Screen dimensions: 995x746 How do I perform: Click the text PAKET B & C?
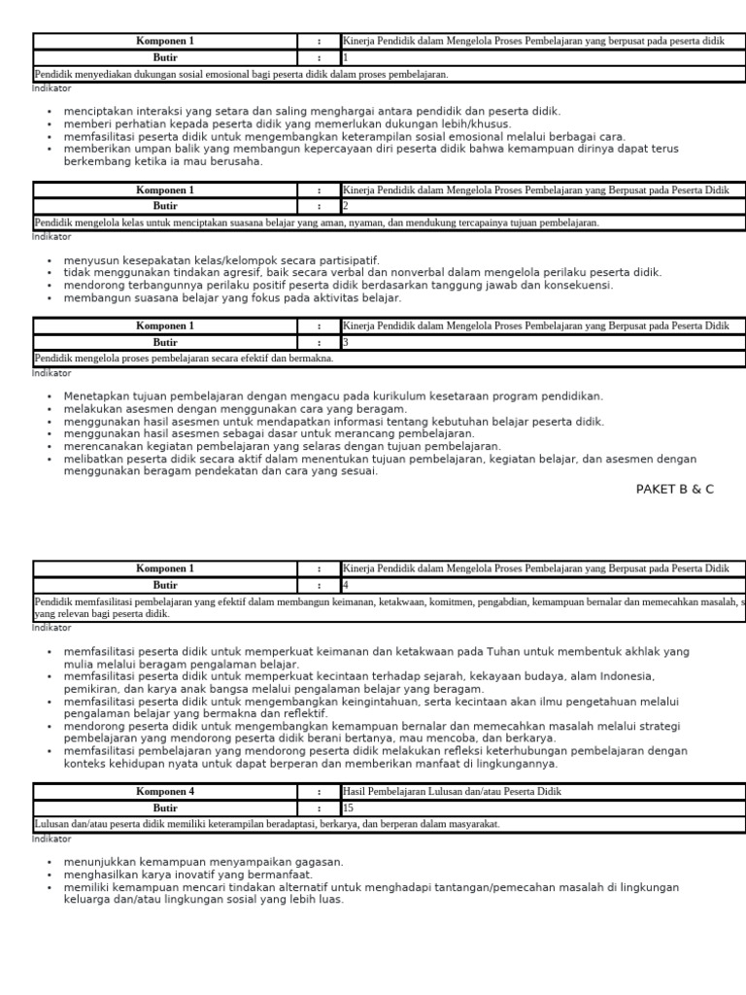(x=674, y=489)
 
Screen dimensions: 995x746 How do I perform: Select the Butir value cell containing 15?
(x=542, y=807)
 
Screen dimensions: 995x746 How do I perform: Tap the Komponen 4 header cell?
(x=165, y=792)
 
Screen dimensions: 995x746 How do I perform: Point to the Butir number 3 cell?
(x=542, y=342)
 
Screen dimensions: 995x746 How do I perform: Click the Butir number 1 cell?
(x=542, y=57)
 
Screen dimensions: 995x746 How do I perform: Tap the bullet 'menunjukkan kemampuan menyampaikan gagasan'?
(x=203, y=862)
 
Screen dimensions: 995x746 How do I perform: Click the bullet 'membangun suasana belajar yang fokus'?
(x=232, y=298)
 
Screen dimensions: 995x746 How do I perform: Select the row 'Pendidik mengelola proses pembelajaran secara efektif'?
(x=185, y=359)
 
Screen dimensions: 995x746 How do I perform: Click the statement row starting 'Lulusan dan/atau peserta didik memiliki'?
(x=267, y=824)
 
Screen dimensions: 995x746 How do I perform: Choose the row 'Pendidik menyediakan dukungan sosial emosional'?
(x=242, y=74)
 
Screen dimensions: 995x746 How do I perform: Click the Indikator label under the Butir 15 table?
(x=51, y=838)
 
